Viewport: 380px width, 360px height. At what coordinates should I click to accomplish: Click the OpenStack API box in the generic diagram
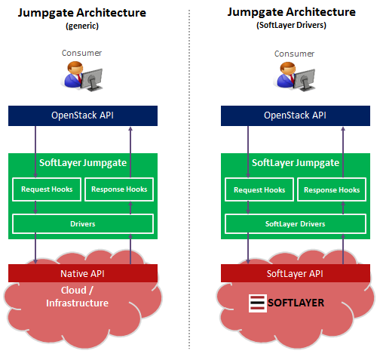(x=83, y=115)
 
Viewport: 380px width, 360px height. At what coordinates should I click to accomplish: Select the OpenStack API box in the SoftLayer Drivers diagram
(x=295, y=115)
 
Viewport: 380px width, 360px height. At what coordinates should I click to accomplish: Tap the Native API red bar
(x=83, y=272)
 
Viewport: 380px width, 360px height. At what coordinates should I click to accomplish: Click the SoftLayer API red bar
(x=295, y=272)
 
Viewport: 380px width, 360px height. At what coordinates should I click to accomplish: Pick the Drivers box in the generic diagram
(x=83, y=224)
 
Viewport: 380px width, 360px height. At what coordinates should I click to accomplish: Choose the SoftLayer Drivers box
(x=295, y=224)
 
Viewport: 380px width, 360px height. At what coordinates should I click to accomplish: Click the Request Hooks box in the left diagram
(x=47, y=189)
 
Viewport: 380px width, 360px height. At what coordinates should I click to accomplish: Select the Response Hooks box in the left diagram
(x=119, y=189)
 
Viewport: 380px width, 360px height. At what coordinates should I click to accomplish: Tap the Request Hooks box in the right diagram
(x=259, y=189)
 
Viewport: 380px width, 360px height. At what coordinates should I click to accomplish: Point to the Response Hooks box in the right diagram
(x=332, y=189)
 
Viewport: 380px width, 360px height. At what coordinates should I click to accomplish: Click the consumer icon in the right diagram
(x=295, y=78)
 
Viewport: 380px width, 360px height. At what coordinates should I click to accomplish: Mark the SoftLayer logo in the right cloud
(x=287, y=303)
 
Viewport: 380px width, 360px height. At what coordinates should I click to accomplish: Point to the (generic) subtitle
(x=82, y=26)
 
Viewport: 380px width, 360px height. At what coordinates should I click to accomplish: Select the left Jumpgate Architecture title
(x=82, y=13)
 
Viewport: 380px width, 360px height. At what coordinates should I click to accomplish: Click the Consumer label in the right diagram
(x=294, y=54)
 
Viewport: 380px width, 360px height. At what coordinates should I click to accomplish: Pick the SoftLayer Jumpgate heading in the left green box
(x=83, y=162)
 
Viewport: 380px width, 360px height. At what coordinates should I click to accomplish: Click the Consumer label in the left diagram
(x=82, y=54)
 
